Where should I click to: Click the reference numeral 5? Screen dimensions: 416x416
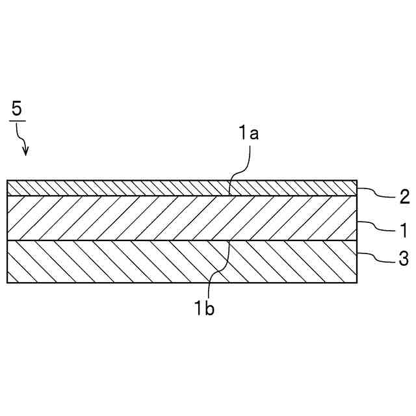pyautogui.click(x=17, y=109)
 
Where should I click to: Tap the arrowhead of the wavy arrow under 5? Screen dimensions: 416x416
pyautogui.click(x=26, y=153)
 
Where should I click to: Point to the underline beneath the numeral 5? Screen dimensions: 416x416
pyautogui.click(x=17, y=120)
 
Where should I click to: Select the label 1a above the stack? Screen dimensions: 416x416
pyautogui.click(x=248, y=135)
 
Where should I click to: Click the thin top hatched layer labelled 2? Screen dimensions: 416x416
pyautogui.click(x=130, y=188)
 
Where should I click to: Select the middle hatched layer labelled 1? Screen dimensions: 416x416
pyautogui.click(x=130, y=218)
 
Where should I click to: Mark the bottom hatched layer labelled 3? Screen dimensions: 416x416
pyautogui.click(x=130, y=261)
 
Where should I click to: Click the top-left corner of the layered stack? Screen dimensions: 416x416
pyautogui.click(x=7, y=180)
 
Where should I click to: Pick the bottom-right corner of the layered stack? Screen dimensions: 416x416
pyautogui.click(x=357, y=283)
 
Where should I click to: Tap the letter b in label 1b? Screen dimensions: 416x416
pyautogui.click(x=210, y=309)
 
